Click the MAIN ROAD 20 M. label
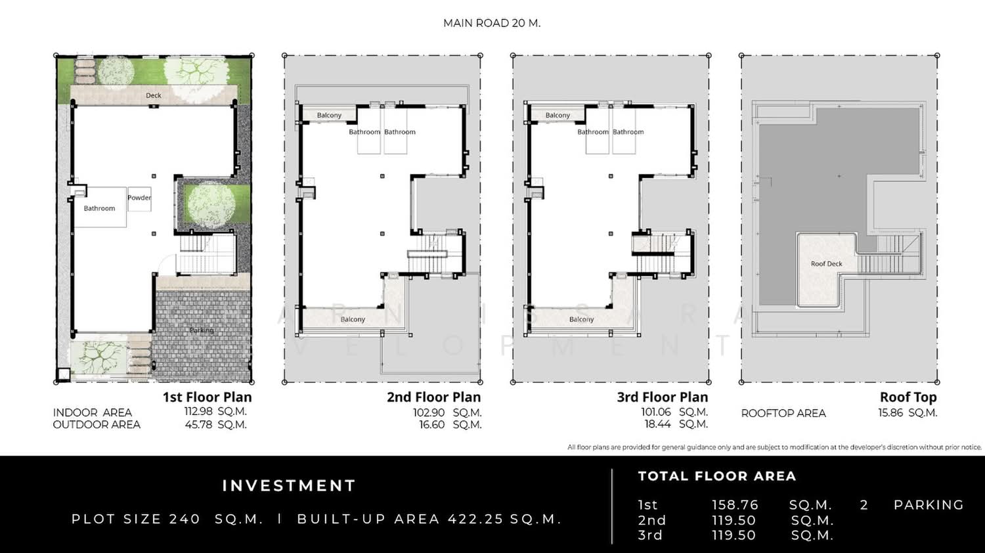pyautogui.click(x=492, y=24)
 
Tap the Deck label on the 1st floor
pyautogui.click(x=154, y=95)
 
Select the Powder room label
pyautogui.click(x=139, y=198)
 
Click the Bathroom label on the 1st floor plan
pyautogui.click(x=99, y=209)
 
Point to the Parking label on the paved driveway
pyautogui.click(x=202, y=330)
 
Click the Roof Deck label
pyautogui.click(x=826, y=264)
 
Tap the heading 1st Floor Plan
pyautogui.click(x=207, y=397)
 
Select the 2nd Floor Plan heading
pyautogui.click(x=433, y=397)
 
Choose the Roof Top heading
pyautogui.click(x=908, y=397)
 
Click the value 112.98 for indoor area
pyautogui.click(x=198, y=411)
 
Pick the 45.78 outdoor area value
pyautogui.click(x=198, y=424)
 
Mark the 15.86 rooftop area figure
pyautogui.click(x=890, y=413)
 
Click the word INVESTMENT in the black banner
pyautogui.click(x=289, y=486)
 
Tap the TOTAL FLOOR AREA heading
pyautogui.click(x=717, y=476)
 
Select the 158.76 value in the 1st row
pyautogui.click(x=735, y=505)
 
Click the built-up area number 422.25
pyautogui.click(x=475, y=519)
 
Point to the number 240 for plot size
pyautogui.click(x=185, y=519)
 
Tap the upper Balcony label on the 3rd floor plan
pyautogui.click(x=558, y=116)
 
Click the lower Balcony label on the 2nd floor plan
pyautogui.click(x=353, y=319)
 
